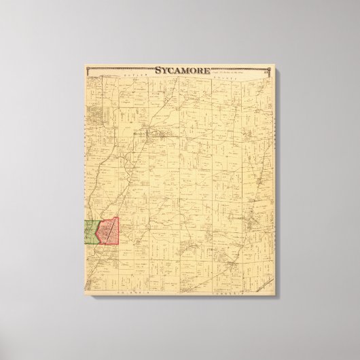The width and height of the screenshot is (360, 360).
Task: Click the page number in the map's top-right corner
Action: (267, 69)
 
